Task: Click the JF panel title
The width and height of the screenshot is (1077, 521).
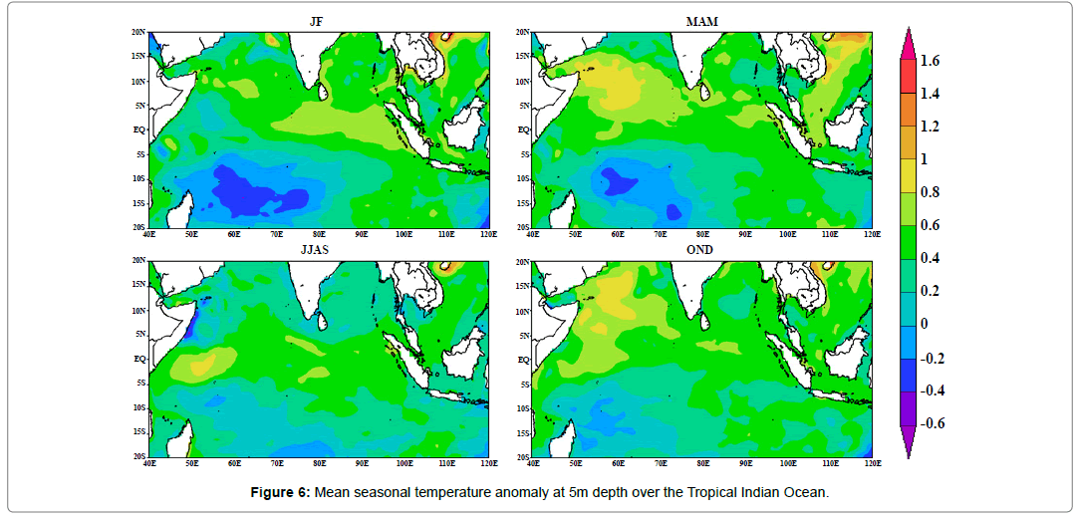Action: (x=318, y=19)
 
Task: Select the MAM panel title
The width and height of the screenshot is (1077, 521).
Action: (x=701, y=19)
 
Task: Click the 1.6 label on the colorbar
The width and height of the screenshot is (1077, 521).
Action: (x=930, y=61)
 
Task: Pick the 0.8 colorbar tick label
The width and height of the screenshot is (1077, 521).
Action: (x=930, y=192)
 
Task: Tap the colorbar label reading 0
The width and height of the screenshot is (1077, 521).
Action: (x=924, y=324)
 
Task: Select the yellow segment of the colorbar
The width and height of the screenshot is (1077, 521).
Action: (x=908, y=175)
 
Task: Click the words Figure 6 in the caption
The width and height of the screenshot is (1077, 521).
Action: (x=283, y=491)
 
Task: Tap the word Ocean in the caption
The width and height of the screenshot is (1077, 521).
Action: (x=805, y=491)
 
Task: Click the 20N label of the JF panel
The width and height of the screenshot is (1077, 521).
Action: (x=139, y=32)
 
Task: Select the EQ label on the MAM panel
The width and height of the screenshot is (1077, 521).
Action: (x=523, y=130)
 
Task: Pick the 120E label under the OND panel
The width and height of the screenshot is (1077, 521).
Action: (x=871, y=463)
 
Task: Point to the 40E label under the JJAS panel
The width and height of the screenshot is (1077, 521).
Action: (x=149, y=463)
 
